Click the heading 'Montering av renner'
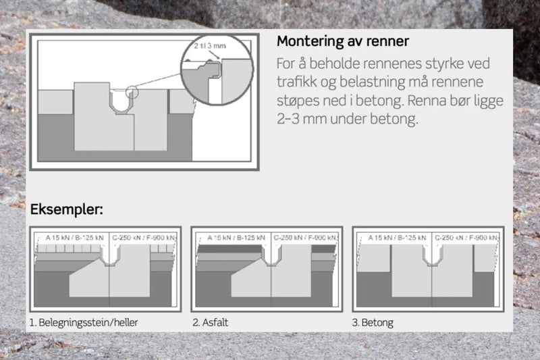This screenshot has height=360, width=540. coord(342,42)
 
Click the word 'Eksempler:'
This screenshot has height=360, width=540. coord(66,209)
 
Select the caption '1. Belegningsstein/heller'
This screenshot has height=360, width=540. coord(84,323)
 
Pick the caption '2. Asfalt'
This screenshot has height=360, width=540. coord(211,323)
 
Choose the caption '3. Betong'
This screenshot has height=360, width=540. coord(373,323)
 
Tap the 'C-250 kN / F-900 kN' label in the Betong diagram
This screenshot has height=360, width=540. coord(466,238)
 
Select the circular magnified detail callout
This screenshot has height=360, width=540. coord(216,74)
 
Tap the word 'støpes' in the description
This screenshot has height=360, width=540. coord(298,103)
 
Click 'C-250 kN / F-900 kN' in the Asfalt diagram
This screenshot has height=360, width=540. coord(304,238)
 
